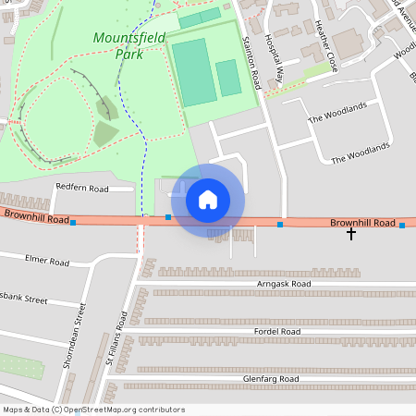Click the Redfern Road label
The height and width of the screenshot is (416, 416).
[x=81, y=189]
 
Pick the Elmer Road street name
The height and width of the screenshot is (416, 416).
[x=48, y=262]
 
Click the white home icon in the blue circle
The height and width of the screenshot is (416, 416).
[x=208, y=199]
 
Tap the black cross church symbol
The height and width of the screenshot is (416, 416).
[x=350, y=234]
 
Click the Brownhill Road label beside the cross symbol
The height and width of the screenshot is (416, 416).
[x=362, y=224]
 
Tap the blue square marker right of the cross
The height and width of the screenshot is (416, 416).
[x=401, y=226]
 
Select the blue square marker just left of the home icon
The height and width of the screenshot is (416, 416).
[x=168, y=216]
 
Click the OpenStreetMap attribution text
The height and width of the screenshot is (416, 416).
[x=93, y=410]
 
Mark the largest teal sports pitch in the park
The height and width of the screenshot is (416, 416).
[x=194, y=71]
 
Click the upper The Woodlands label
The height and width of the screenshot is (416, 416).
[x=336, y=112]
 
